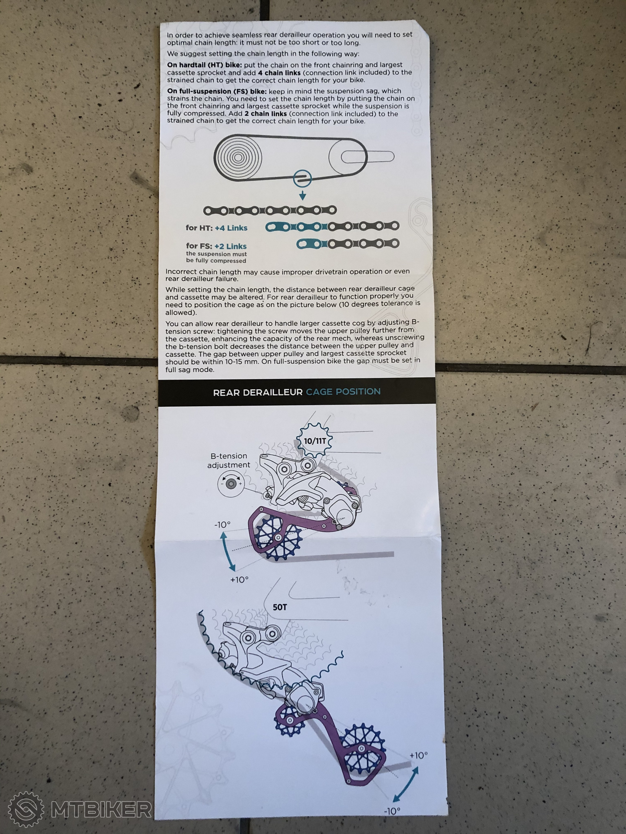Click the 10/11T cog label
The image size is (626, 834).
tap(315, 441)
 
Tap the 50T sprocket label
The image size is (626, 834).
tap(280, 607)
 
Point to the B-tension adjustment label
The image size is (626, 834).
tap(229, 460)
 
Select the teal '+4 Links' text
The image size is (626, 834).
tap(231, 228)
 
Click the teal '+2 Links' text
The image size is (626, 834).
tap(230, 246)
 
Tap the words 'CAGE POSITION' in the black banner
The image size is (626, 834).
tap(343, 392)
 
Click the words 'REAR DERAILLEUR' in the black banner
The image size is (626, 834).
tap(258, 393)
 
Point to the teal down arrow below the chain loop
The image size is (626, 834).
tap(302, 196)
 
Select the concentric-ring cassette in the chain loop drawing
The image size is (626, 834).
tap(238, 158)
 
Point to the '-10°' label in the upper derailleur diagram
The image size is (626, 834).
tap(222, 525)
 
